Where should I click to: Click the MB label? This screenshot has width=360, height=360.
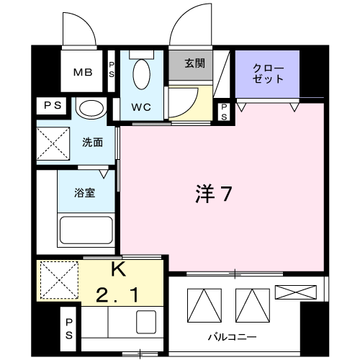click(x=83, y=72)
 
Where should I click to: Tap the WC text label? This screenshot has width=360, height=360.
click(x=141, y=107)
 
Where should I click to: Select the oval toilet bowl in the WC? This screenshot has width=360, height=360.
click(x=142, y=74)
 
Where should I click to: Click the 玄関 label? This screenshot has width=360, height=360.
click(x=195, y=63)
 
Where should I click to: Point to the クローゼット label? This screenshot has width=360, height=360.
click(x=268, y=73)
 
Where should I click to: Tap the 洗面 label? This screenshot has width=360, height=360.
click(x=93, y=143)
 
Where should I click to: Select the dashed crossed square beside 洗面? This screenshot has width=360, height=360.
click(x=53, y=143)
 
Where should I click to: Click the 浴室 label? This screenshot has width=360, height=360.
click(x=85, y=193)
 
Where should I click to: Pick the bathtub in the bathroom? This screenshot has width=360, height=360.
click(x=86, y=230)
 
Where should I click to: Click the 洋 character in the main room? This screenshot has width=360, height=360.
click(x=205, y=194)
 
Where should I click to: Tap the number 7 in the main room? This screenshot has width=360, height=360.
click(x=225, y=194)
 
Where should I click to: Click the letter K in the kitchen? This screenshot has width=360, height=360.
click(x=119, y=269)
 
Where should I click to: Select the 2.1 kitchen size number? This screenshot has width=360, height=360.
click(x=117, y=295)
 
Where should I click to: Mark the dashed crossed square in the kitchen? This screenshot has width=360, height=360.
click(x=59, y=280)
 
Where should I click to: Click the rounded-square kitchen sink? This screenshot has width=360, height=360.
click(x=146, y=322)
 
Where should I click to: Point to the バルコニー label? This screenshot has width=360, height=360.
click(x=233, y=337)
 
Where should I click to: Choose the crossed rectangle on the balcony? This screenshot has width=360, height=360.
click(x=296, y=292)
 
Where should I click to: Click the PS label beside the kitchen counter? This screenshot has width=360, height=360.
click(x=69, y=328)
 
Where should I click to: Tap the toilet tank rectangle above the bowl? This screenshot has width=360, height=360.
click(x=142, y=54)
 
